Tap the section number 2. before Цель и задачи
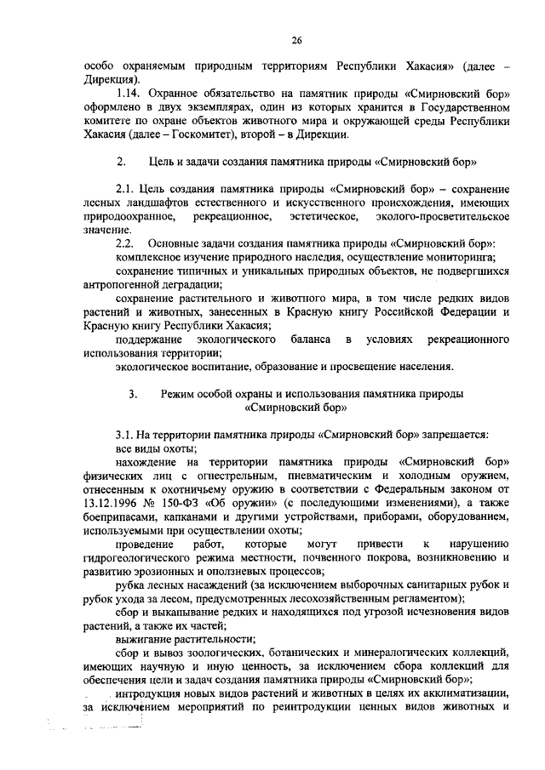pyautogui.click(x=121, y=161)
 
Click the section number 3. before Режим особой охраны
pyautogui.click(x=134, y=394)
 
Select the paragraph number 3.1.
pyautogui.click(x=125, y=435)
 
